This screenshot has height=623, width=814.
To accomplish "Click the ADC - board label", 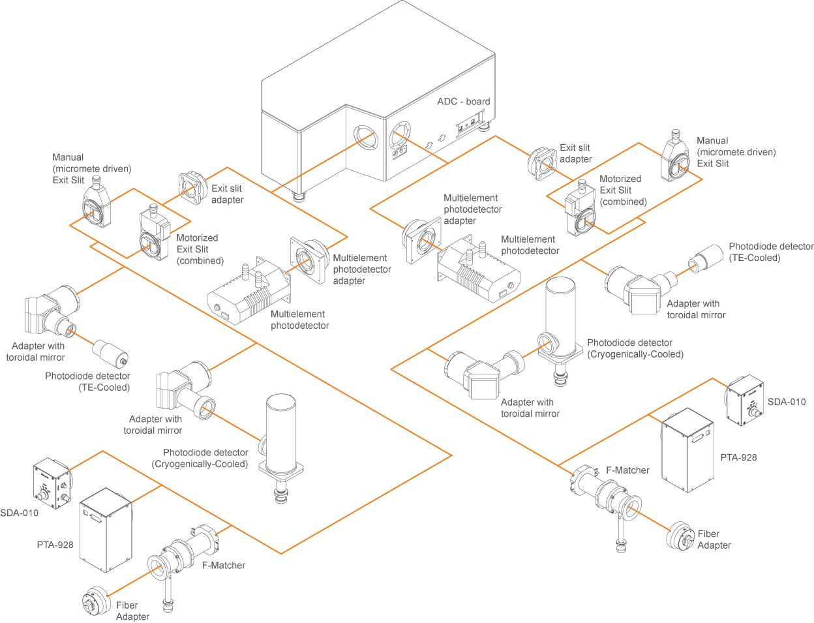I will (463, 102).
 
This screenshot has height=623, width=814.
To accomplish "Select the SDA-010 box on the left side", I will (52, 483).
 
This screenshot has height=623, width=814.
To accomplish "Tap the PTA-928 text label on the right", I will (738, 458).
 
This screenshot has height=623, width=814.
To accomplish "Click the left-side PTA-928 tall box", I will (106, 530).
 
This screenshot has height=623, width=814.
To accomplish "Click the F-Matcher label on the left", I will (224, 566).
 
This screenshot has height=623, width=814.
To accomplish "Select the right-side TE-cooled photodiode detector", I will (706, 258).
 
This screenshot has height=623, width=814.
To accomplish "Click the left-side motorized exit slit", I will (154, 236).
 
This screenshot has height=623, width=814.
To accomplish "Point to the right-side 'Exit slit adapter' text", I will (575, 153).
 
